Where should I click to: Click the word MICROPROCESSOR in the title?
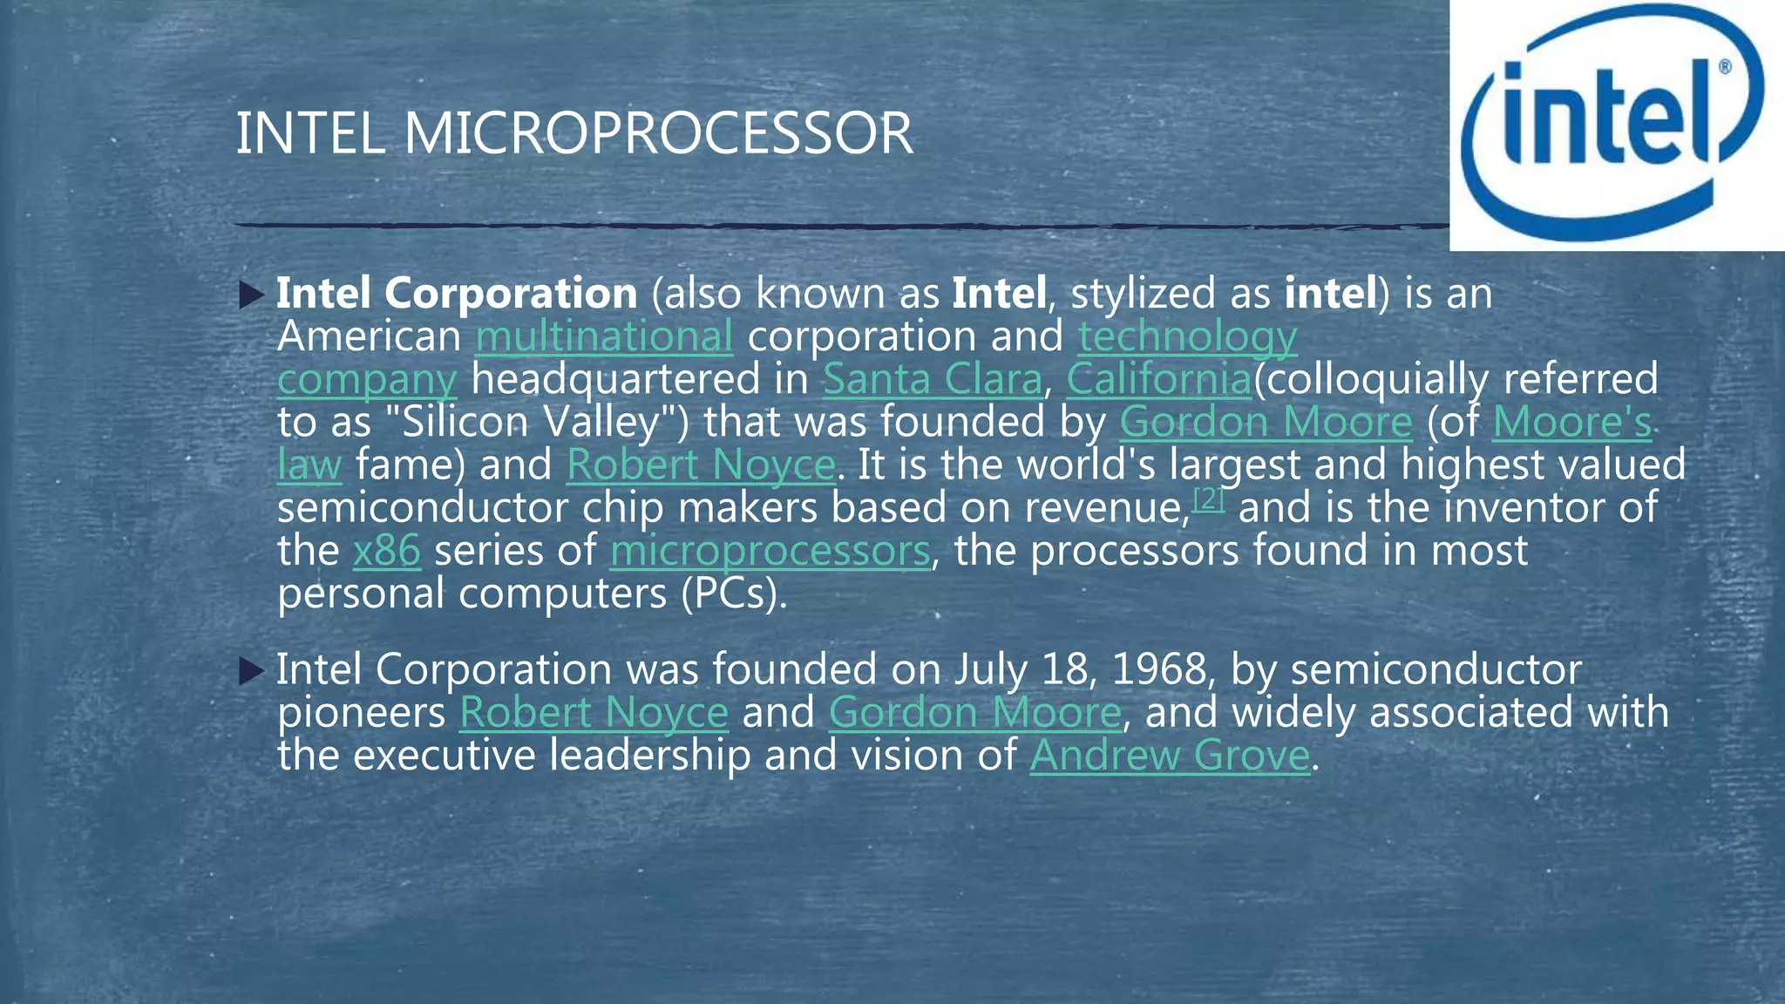coord(658,134)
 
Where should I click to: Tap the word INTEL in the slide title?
coord(310,134)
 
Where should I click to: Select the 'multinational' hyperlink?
coord(603,336)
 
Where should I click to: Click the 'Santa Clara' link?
coord(932,379)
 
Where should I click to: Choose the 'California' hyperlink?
coord(1158,379)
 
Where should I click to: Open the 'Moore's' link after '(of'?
coord(1571,422)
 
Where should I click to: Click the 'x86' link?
coord(386,551)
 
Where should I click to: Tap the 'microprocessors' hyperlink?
coord(770,551)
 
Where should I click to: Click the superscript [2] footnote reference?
coord(1209,499)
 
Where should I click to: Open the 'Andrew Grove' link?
coord(1170,755)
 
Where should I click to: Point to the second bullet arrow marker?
coord(251,671)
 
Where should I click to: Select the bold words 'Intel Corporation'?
coord(457,294)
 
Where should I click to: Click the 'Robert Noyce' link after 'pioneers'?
coord(594,712)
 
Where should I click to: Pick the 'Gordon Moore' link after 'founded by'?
coord(1265,422)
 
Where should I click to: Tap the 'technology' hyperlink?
coord(1187,336)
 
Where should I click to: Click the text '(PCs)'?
coord(734,594)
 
